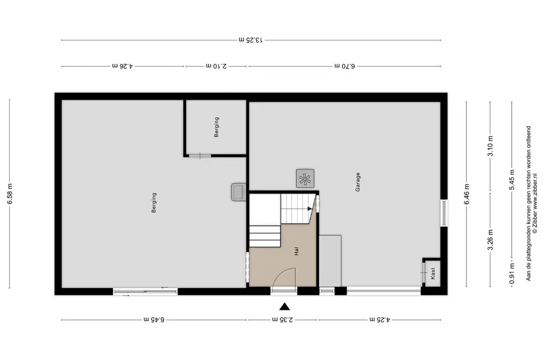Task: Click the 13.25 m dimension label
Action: pos(251,40)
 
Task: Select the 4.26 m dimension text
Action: pos(122,66)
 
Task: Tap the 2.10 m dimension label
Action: pos(216,66)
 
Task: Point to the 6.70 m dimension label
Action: pos(344,66)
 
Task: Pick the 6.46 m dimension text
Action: pos(467,194)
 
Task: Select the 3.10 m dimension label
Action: pos(490,147)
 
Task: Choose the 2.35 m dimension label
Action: pos(283,320)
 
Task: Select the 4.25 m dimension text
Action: pos(380,320)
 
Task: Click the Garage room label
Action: pos(357,182)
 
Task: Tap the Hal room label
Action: pos(296,251)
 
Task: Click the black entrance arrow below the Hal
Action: pos(284,306)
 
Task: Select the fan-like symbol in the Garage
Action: pos(305,178)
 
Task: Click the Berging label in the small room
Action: pos(216,127)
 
